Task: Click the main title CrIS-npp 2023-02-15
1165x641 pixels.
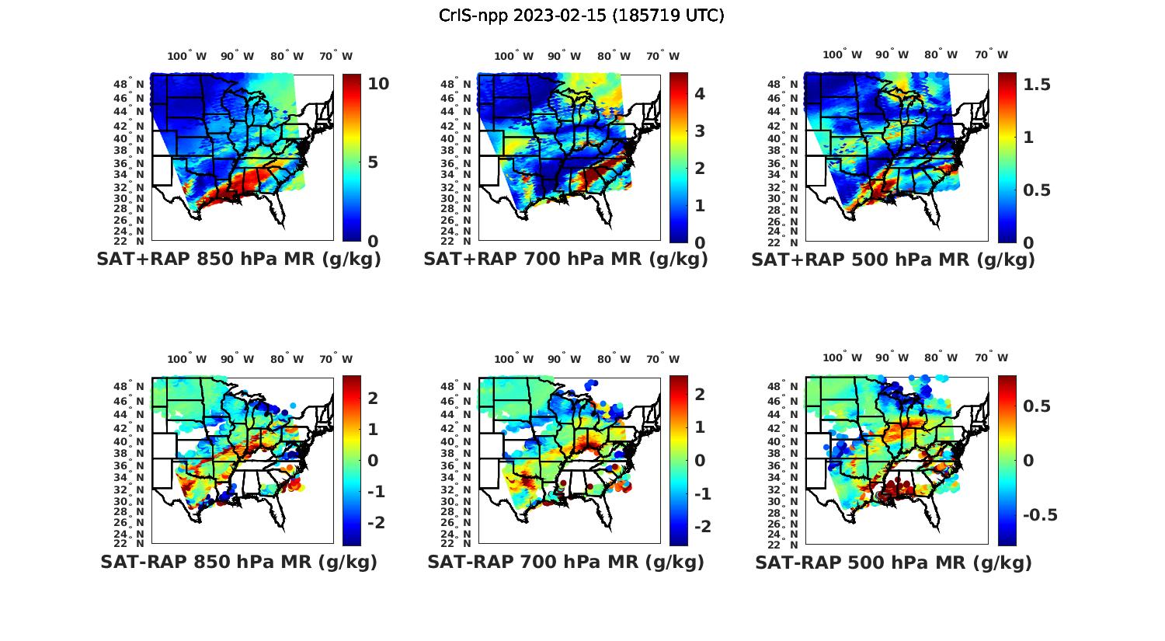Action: coord(581,16)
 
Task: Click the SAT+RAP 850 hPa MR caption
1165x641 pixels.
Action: coord(238,260)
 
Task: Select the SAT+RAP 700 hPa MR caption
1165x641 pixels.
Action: coord(565,260)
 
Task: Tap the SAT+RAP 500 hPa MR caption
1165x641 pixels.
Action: coord(893,260)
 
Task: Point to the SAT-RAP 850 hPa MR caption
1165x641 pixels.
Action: coord(238,562)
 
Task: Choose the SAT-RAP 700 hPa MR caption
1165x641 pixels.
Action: coord(565,562)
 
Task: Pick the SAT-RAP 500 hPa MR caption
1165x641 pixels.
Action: coord(893,562)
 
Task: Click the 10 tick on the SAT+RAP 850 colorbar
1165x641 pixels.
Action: coord(378,84)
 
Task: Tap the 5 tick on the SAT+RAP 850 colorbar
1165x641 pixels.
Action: coord(373,162)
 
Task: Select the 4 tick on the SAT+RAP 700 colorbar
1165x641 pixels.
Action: coord(699,94)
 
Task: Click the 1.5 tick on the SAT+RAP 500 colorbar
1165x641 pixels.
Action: coord(1036,84)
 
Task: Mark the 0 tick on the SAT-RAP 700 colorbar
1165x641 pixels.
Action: coord(700,460)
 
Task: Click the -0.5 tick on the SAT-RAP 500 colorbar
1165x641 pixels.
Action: coord(1040,515)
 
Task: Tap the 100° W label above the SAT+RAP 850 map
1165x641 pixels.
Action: coord(187,56)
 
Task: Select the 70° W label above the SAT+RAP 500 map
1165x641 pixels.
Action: coord(992,54)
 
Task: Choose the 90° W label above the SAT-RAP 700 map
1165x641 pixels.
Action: coord(564,359)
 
